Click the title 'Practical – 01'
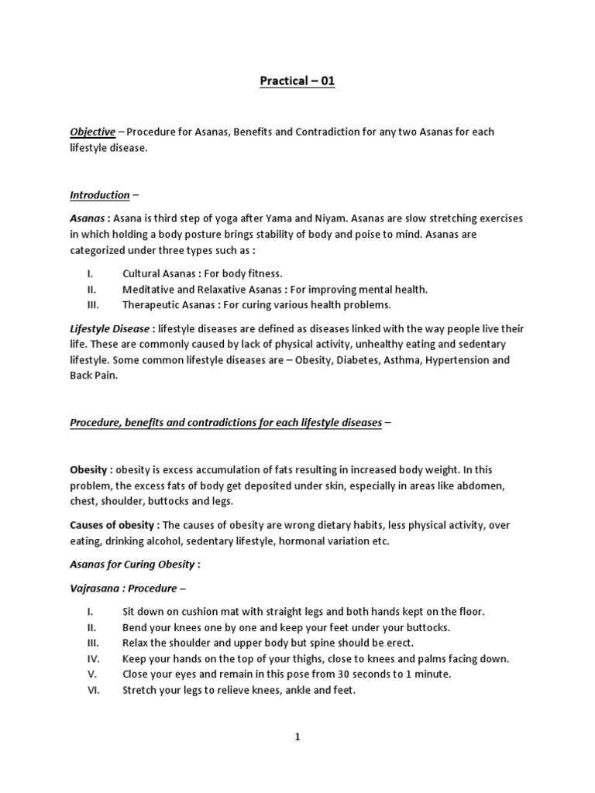297,81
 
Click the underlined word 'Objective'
93,132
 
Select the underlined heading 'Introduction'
100,195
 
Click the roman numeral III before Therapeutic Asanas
93,304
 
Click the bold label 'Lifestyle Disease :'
112,329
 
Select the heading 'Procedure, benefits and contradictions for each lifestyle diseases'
226,423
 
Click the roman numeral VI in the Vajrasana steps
92,690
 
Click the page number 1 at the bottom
297,738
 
